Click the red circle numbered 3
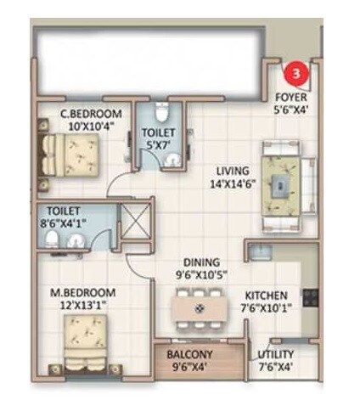click(x=295, y=74)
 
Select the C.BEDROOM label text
click(x=90, y=114)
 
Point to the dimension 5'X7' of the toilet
click(x=158, y=145)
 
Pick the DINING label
click(x=200, y=262)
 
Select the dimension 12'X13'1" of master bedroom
click(x=76, y=307)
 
